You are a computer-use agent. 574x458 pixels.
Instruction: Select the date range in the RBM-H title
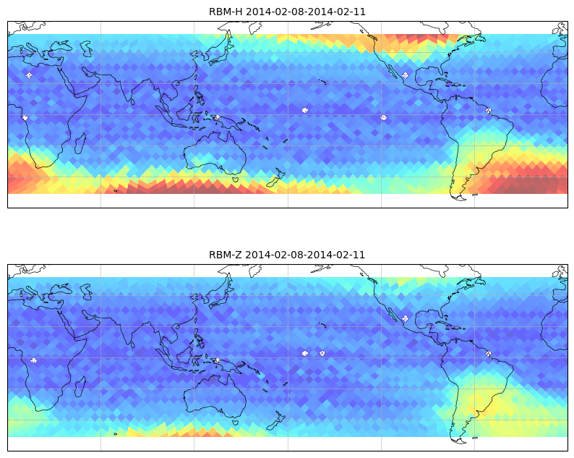pos(306,12)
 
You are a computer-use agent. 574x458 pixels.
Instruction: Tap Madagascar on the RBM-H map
pos(80,143)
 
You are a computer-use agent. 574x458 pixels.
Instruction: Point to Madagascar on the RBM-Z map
pos(80,386)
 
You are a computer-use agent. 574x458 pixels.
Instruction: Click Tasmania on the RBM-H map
pos(236,179)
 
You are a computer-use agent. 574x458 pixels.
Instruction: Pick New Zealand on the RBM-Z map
pos(275,420)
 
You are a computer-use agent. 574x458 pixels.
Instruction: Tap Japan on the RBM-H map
pos(220,48)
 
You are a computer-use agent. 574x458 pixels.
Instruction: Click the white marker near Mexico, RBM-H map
pos(406,75)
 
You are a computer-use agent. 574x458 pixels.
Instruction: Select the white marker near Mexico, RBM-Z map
pos(406,318)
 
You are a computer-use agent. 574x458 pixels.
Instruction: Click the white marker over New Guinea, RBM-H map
pos(218,118)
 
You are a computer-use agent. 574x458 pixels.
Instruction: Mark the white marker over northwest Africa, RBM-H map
pos(30,75)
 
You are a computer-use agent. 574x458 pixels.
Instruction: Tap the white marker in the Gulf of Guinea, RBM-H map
pos(25,118)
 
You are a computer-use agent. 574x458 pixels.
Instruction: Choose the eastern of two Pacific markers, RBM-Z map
pos(322,353)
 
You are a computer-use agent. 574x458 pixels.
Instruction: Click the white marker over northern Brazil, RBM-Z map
pos(489,354)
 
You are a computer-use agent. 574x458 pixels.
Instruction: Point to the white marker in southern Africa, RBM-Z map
pos(34,360)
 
